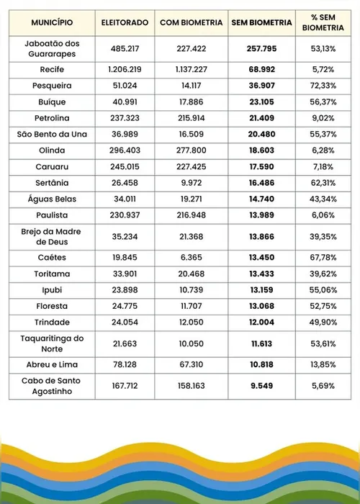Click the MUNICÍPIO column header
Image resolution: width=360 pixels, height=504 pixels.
click(52, 23)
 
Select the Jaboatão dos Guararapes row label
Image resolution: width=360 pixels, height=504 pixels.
click(52, 50)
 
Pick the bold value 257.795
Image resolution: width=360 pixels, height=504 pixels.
click(262, 50)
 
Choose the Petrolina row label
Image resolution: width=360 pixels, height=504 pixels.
click(52, 118)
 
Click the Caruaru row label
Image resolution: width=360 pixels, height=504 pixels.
click(52, 166)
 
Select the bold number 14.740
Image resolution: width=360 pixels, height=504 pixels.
click(262, 199)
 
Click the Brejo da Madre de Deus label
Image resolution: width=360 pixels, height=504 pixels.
click(52, 235)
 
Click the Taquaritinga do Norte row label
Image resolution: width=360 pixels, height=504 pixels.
click(52, 343)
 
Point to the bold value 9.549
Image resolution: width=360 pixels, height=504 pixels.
click(262, 387)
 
